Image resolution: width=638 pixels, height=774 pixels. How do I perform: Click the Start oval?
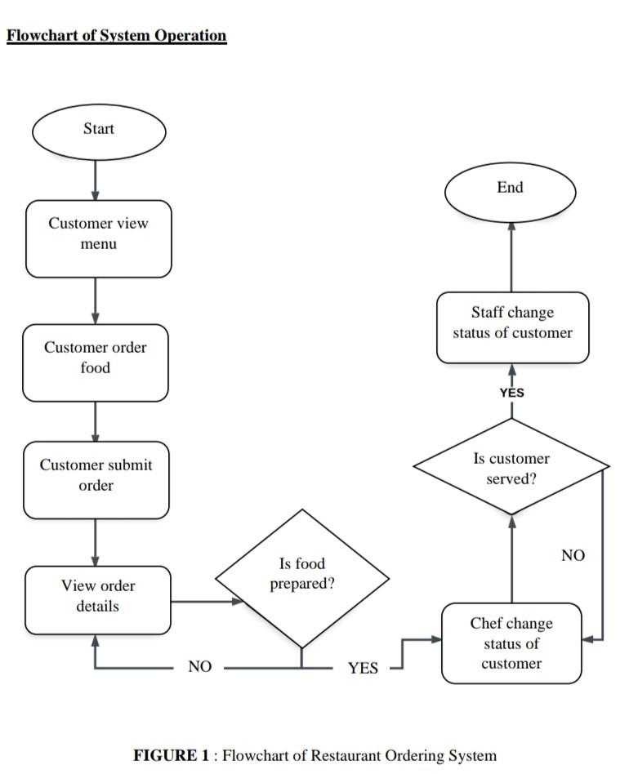(98, 130)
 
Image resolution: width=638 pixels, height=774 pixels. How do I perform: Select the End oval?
(510, 189)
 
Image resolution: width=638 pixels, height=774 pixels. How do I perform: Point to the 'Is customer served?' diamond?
(511, 468)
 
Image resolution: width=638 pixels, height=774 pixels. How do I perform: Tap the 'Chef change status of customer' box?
(511, 643)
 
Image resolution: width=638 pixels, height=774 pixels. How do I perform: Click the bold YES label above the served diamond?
(511, 393)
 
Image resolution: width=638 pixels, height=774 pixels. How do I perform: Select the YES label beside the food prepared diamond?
(363, 669)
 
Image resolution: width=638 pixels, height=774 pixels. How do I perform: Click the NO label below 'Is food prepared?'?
(199, 667)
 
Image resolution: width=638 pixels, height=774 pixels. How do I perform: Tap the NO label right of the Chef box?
(573, 555)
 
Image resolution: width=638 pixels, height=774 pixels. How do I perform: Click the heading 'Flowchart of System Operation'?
(116, 36)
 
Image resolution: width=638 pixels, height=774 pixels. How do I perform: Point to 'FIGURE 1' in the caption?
(171, 755)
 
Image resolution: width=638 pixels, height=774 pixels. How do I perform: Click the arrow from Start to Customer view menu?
(96, 180)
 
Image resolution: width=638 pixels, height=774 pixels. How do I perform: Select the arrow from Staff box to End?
(511, 256)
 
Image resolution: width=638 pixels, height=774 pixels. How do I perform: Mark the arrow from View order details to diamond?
(207, 602)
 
